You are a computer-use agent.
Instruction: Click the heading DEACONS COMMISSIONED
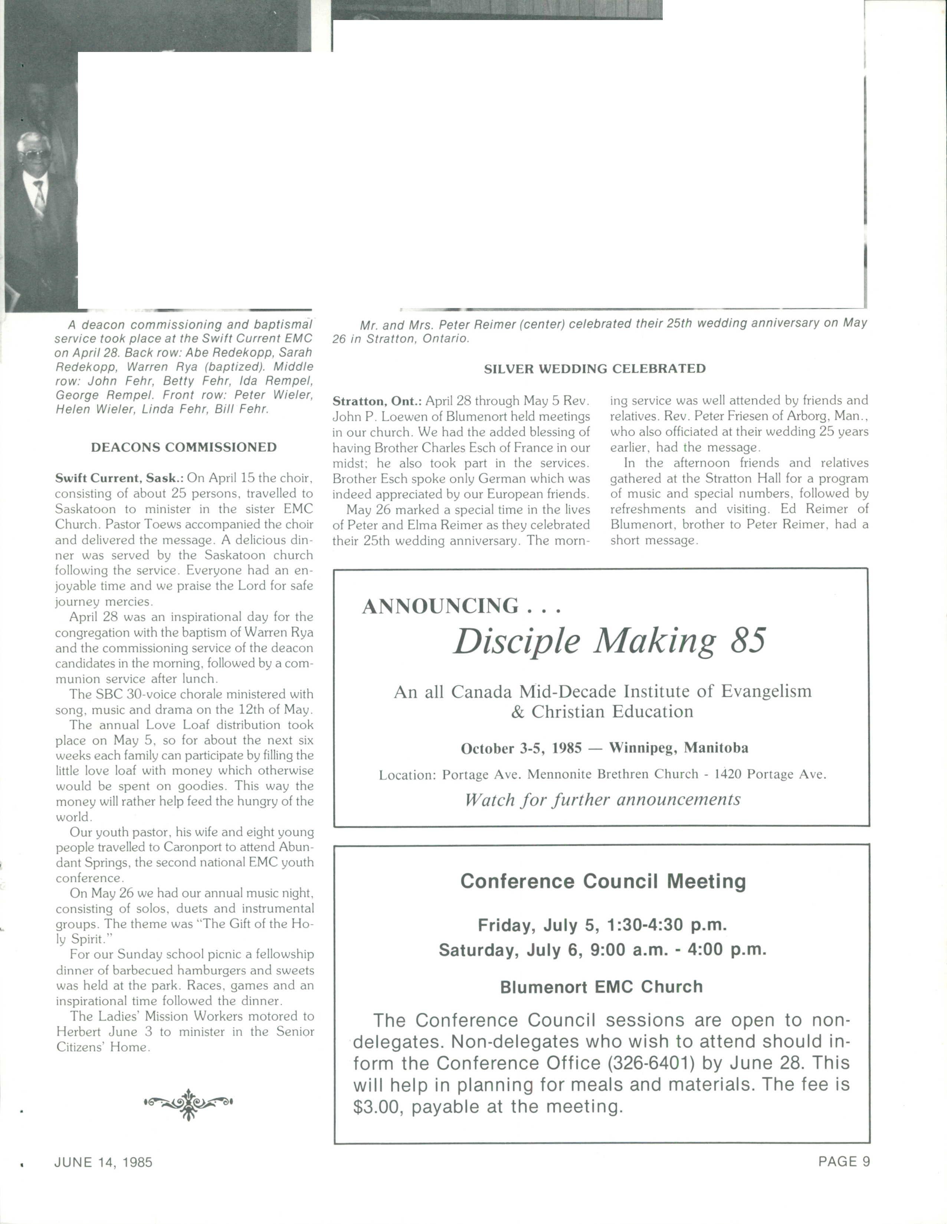(x=183, y=447)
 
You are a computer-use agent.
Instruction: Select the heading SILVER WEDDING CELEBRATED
(x=594, y=369)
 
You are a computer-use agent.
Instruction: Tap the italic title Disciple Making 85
(x=609, y=641)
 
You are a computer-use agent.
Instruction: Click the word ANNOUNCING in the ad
(x=440, y=606)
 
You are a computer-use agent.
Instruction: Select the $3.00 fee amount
(x=378, y=1107)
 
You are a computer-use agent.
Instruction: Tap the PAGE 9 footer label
(x=844, y=1162)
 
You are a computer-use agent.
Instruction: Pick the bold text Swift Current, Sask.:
(x=119, y=478)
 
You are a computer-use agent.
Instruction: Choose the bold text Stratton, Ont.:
(x=377, y=401)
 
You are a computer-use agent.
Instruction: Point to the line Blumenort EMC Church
(x=601, y=987)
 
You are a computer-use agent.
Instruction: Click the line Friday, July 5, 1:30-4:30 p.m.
(x=602, y=925)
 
